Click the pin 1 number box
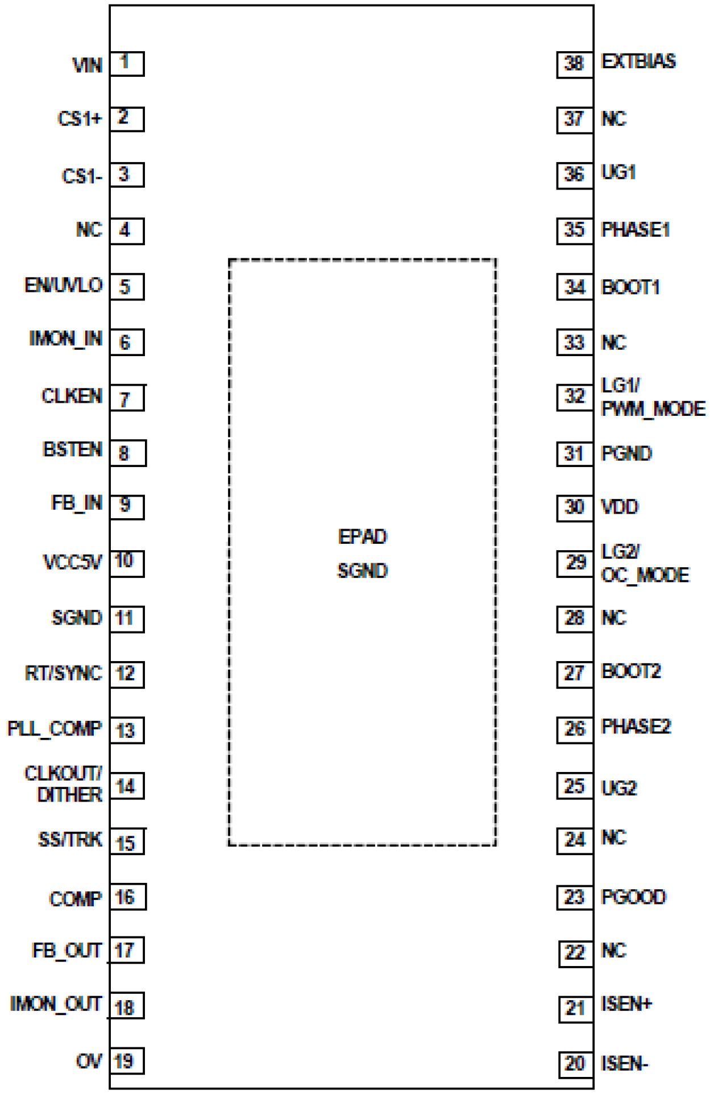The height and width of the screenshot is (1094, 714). (x=126, y=63)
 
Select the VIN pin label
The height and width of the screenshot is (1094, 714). (x=87, y=65)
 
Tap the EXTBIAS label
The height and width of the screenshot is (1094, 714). (x=638, y=61)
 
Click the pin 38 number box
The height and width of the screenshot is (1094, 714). (x=574, y=64)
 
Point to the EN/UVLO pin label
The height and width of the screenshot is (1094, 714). (x=63, y=285)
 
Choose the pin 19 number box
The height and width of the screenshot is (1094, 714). (x=126, y=1061)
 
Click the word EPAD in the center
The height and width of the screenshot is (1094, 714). (x=362, y=536)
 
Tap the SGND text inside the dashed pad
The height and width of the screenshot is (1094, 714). (x=362, y=571)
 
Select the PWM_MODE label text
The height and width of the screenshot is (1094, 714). (x=653, y=408)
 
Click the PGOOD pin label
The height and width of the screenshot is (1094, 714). (x=633, y=897)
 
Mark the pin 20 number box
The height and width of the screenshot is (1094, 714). (x=575, y=1063)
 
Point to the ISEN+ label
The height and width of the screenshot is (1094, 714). (x=626, y=1004)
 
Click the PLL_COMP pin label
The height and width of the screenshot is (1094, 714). (x=54, y=729)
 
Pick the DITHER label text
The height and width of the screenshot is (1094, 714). (x=69, y=795)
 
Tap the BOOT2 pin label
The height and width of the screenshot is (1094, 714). (x=631, y=672)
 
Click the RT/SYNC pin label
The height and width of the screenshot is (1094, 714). (x=63, y=674)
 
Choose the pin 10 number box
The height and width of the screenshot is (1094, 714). (x=126, y=563)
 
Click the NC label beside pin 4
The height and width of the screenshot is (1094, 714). (x=89, y=230)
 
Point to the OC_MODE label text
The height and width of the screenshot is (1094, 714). (x=645, y=575)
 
